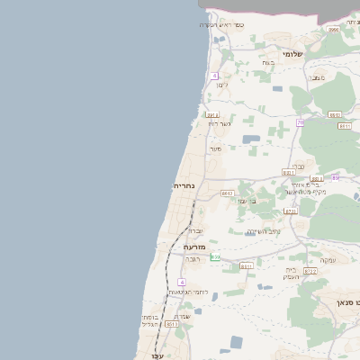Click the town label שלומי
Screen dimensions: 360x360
point(292,54)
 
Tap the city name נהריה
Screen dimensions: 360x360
point(184,185)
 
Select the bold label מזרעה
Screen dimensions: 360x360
point(194,246)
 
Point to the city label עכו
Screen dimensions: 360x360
point(145,355)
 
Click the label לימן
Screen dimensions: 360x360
point(222,85)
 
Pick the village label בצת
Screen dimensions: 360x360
point(267,62)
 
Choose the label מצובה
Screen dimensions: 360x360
point(317,78)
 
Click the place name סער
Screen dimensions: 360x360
point(215,148)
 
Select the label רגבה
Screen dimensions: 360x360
point(193,258)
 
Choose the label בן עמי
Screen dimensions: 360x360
point(247,201)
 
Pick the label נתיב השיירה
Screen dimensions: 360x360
point(264,231)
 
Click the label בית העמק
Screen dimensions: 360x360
point(293,273)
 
